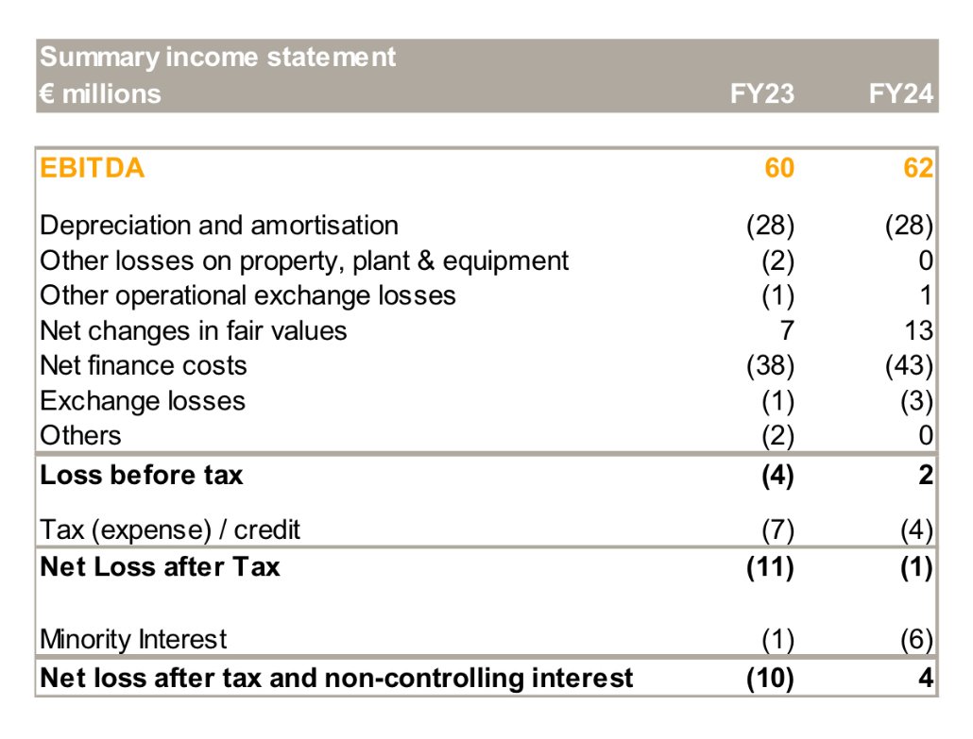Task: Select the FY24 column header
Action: pos(901,93)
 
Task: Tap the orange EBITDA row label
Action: pos(93,169)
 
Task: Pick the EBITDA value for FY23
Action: pos(779,169)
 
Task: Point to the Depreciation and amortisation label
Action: pos(219,226)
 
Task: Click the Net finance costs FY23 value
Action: pos(770,365)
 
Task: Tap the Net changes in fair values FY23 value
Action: pos(786,330)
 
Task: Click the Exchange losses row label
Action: pos(143,400)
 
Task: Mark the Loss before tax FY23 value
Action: pos(777,475)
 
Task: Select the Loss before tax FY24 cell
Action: pos(926,475)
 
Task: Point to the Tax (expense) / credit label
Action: pos(170,530)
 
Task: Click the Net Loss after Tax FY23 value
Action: pos(770,567)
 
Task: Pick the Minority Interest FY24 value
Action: pos(915,639)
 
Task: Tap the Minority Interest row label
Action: pos(133,639)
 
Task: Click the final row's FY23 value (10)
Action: pos(770,678)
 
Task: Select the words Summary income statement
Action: pos(218,57)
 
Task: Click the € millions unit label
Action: pos(100,93)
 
